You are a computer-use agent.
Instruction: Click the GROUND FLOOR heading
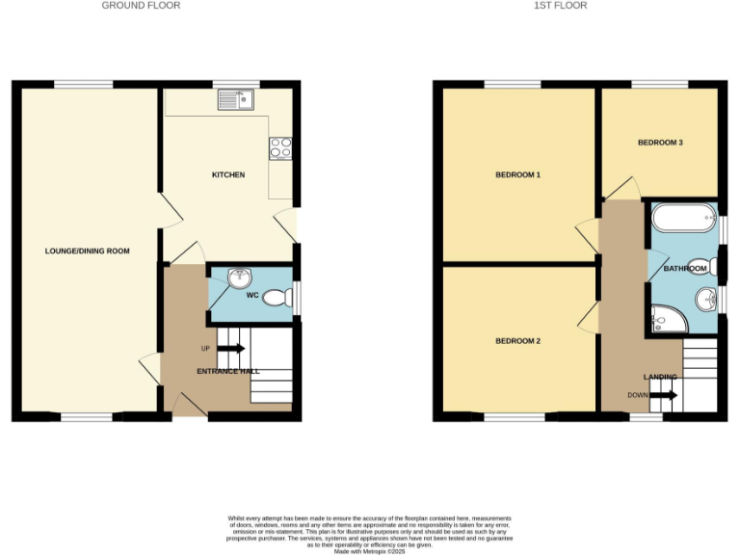(x=141, y=6)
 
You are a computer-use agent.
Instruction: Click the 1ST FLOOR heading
(x=560, y=6)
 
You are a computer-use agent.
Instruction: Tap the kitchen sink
(x=235, y=96)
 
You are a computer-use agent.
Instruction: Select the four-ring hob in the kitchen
(x=280, y=148)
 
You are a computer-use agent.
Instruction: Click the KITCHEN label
(x=228, y=175)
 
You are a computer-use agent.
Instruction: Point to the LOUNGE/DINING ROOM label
(x=87, y=251)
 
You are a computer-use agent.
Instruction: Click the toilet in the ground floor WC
(x=279, y=299)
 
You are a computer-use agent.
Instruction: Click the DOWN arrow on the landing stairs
(x=665, y=395)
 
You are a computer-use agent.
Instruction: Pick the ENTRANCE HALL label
(x=228, y=371)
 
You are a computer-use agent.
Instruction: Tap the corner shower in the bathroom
(x=666, y=319)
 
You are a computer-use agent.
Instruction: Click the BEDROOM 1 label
(x=517, y=175)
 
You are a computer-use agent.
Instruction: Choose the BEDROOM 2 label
(x=517, y=341)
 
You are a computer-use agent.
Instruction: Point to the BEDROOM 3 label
(x=660, y=143)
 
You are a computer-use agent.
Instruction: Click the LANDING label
(x=660, y=377)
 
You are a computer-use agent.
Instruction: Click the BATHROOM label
(x=686, y=268)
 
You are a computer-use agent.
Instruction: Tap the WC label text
(x=252, y=295)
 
